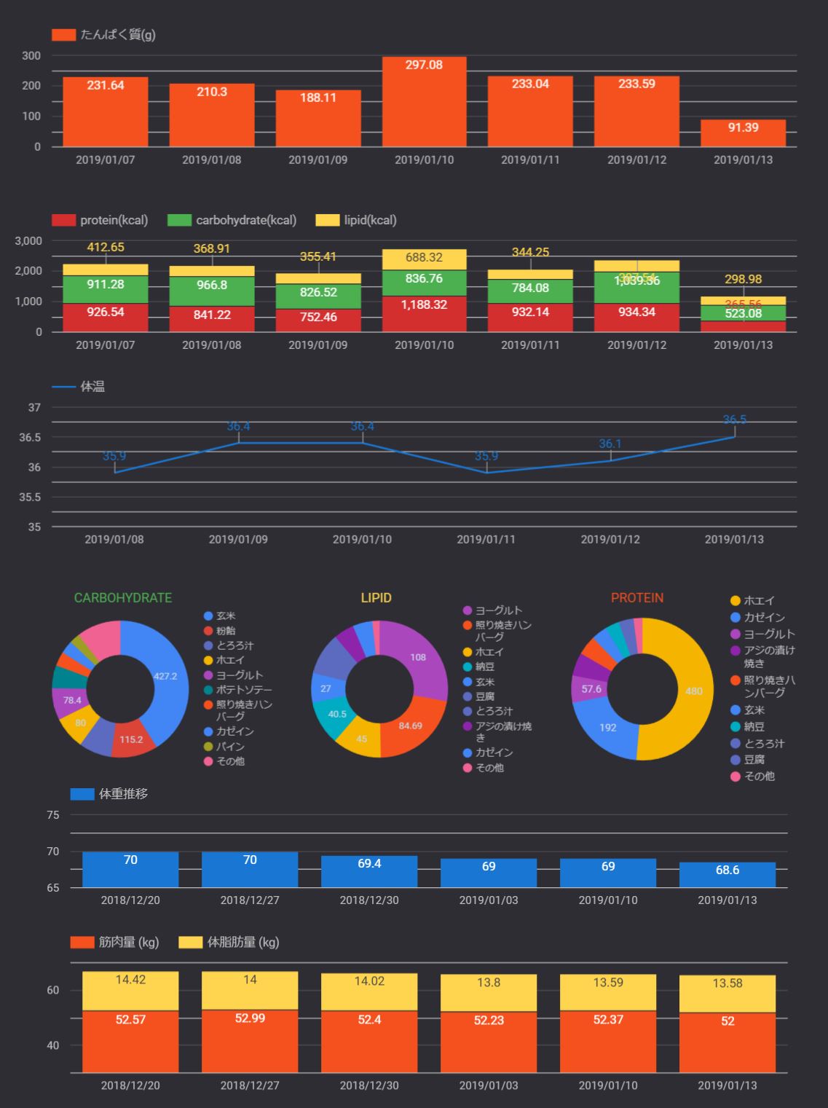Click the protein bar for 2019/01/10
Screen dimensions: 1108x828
pos(424,102)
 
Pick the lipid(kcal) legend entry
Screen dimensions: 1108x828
pos(357,220)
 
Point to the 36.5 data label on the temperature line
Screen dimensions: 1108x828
pos(734,420)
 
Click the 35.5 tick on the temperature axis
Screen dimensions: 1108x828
pos(33,498)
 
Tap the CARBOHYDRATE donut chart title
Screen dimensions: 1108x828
pos(123,598)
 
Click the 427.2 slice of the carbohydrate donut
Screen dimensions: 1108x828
pos(163,677)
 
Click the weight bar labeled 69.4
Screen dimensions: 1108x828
pos(369,871)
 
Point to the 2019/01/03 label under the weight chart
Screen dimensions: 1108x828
pos(489,900)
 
